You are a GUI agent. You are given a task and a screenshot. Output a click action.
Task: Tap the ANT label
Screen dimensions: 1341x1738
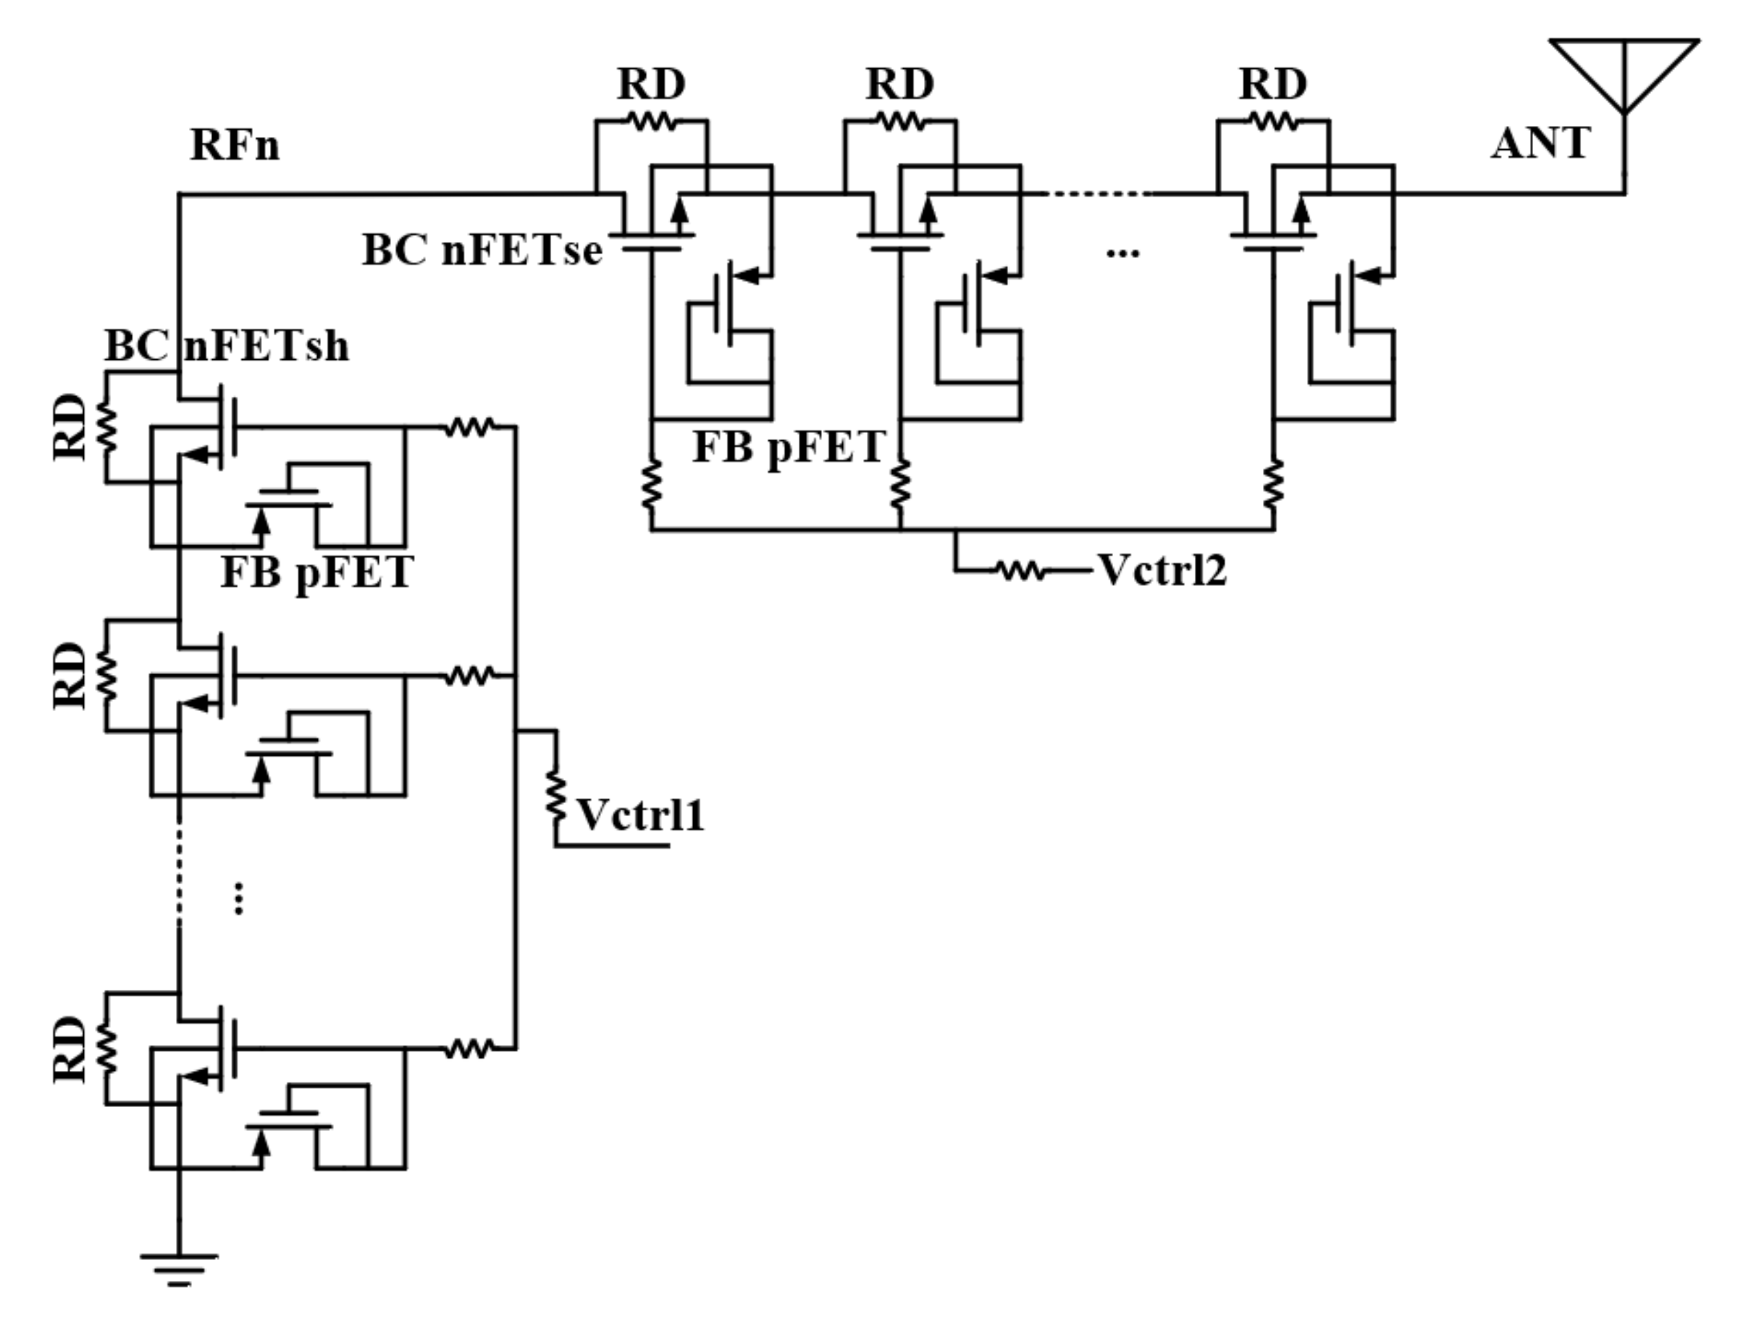click(1540, 144)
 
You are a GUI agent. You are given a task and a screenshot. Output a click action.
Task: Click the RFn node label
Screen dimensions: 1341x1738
click(235, 146)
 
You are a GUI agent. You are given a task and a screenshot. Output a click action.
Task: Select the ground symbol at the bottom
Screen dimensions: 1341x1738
click(179, 1270)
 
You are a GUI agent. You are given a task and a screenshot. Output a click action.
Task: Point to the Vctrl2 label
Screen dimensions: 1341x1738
click(1162, 570)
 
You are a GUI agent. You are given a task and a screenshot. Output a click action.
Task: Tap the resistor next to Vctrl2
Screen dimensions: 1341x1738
click(1021, 570)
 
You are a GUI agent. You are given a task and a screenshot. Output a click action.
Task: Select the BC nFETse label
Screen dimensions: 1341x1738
click(482, 250)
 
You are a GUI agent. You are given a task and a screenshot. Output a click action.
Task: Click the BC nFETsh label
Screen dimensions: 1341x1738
click(227, 346)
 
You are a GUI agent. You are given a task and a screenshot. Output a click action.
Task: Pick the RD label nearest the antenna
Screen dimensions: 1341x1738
click(1272, 83)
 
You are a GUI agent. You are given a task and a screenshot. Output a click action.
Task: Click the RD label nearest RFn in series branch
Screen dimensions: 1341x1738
click(651, 83)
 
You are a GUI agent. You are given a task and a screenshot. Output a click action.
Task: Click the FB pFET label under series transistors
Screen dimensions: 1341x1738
click(789, 447)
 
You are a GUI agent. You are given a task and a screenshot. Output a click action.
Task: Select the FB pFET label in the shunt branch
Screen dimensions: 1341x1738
click(316, 572)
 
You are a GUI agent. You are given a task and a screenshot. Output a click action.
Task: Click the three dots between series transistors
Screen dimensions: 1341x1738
click(1123, 253)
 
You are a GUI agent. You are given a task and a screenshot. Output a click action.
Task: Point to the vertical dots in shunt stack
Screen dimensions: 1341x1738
click(238, 899)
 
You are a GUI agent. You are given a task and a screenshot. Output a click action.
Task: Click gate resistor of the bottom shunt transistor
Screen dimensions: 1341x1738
click(469, 1048)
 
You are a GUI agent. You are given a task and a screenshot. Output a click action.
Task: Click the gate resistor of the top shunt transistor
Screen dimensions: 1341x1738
click(469, 427)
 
